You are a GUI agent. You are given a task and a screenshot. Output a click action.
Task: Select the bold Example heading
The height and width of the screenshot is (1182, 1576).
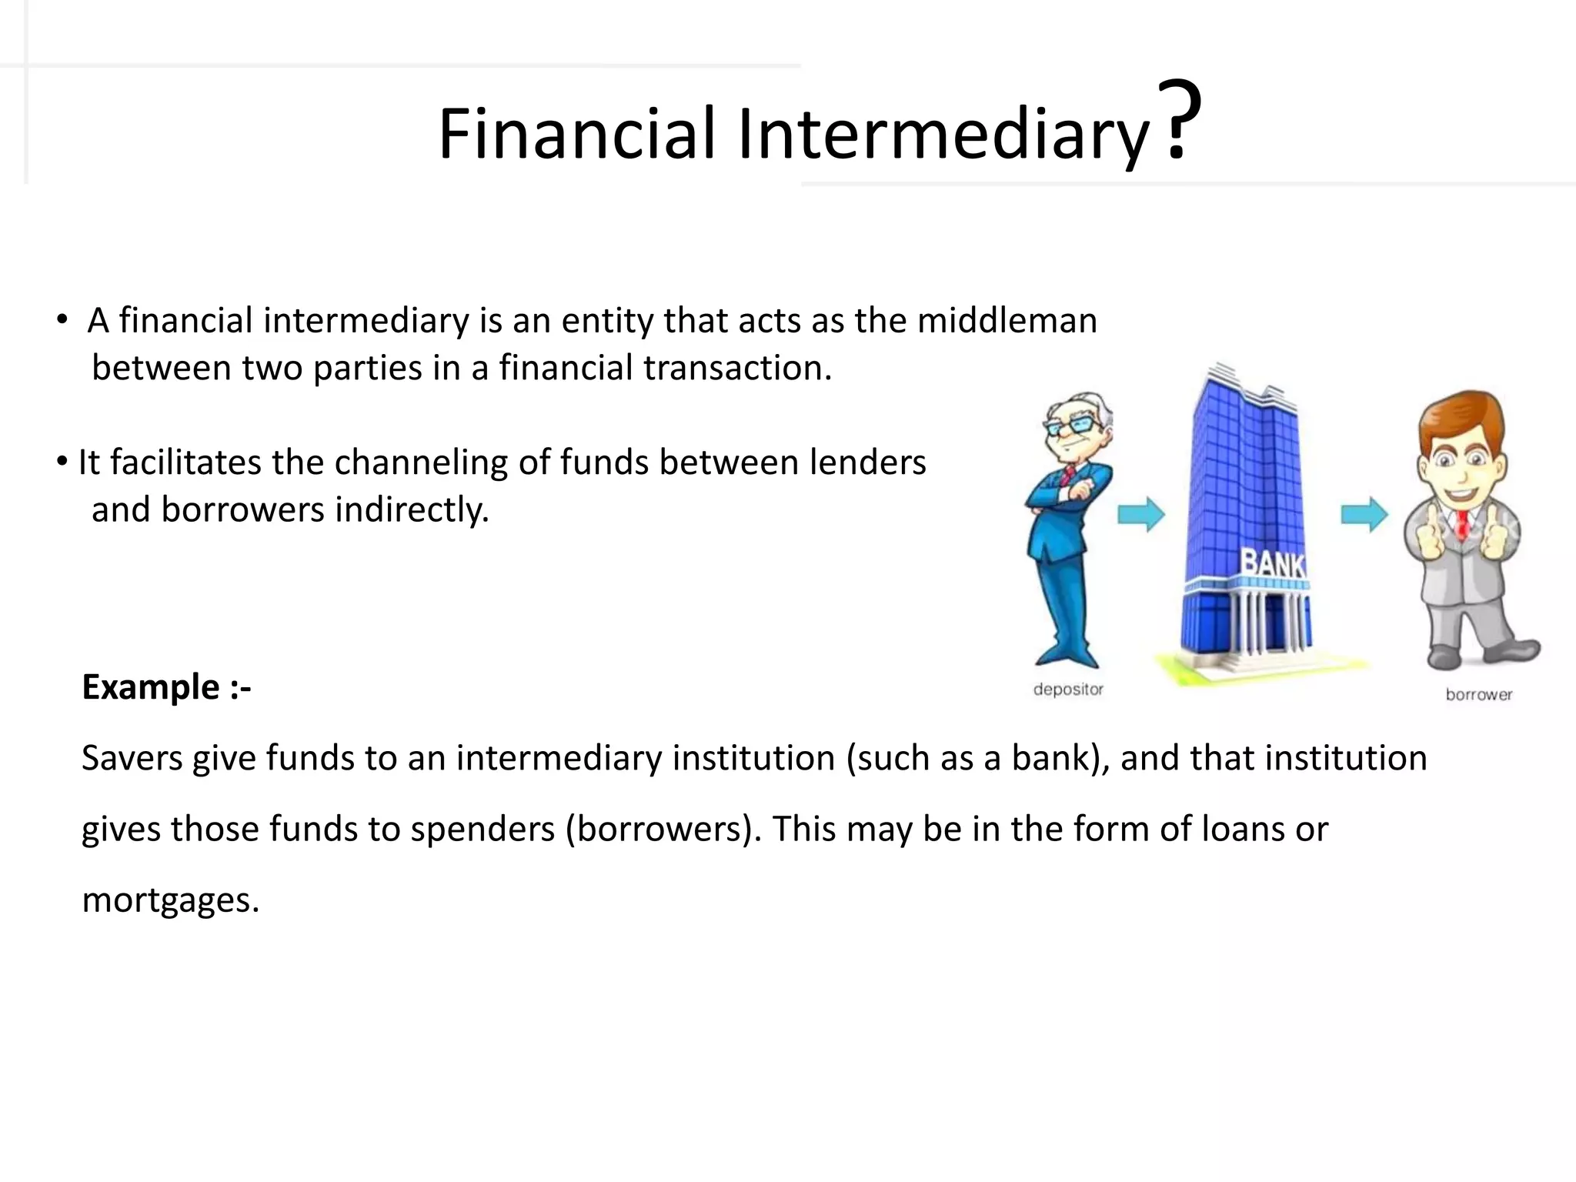click(166, 686)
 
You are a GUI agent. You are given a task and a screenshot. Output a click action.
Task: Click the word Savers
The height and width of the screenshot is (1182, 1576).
click(132, 758)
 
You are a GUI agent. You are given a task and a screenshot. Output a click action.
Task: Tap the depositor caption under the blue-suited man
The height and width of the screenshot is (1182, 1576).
click(1068, 689)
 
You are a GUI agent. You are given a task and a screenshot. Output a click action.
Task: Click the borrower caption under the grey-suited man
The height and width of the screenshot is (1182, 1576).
click(1478, 695)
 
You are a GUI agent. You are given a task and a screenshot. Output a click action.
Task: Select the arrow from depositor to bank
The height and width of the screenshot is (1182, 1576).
click(1141, 514)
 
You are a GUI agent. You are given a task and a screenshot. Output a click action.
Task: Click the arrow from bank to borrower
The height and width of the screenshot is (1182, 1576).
click(1364, 514)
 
